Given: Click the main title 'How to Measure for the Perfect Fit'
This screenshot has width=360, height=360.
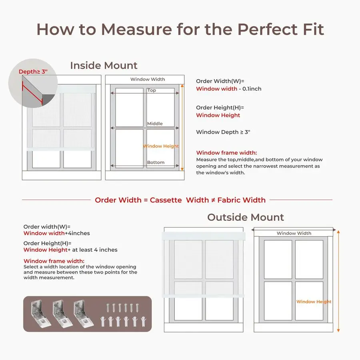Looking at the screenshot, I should coord(180,29).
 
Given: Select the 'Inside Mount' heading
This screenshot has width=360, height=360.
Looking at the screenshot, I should coord(104,66).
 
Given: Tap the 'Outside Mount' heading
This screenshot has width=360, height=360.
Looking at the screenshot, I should coord(245,217).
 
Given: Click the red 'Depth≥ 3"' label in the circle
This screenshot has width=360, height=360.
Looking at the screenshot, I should coord(33,72).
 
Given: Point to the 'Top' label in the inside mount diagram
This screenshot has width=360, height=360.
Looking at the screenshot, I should coord(152,90).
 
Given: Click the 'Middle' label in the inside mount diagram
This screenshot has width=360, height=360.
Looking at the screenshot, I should coord(155,124).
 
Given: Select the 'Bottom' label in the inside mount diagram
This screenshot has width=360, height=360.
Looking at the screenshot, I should coord(156,162).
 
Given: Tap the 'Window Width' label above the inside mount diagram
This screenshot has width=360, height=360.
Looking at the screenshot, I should coord(148,79).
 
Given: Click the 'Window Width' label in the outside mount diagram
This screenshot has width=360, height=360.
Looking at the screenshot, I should coord(294,233).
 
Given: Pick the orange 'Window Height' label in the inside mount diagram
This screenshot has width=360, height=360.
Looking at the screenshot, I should coord(161,146).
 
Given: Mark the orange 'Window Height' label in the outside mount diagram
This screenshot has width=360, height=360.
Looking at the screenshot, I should coord(314,302).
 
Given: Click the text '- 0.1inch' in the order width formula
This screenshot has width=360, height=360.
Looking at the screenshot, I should coord(250,89).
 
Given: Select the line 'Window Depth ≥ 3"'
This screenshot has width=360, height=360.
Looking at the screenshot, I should coord(223,132).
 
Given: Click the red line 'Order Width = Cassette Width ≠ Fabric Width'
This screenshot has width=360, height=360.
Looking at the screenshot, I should coord(180,200).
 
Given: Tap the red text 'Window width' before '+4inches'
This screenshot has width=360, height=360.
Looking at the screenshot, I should coord(44,233).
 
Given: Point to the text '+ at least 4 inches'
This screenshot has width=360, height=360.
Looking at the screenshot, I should coord(93,250).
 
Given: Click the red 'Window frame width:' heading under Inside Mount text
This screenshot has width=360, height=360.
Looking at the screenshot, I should coord(226,153).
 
